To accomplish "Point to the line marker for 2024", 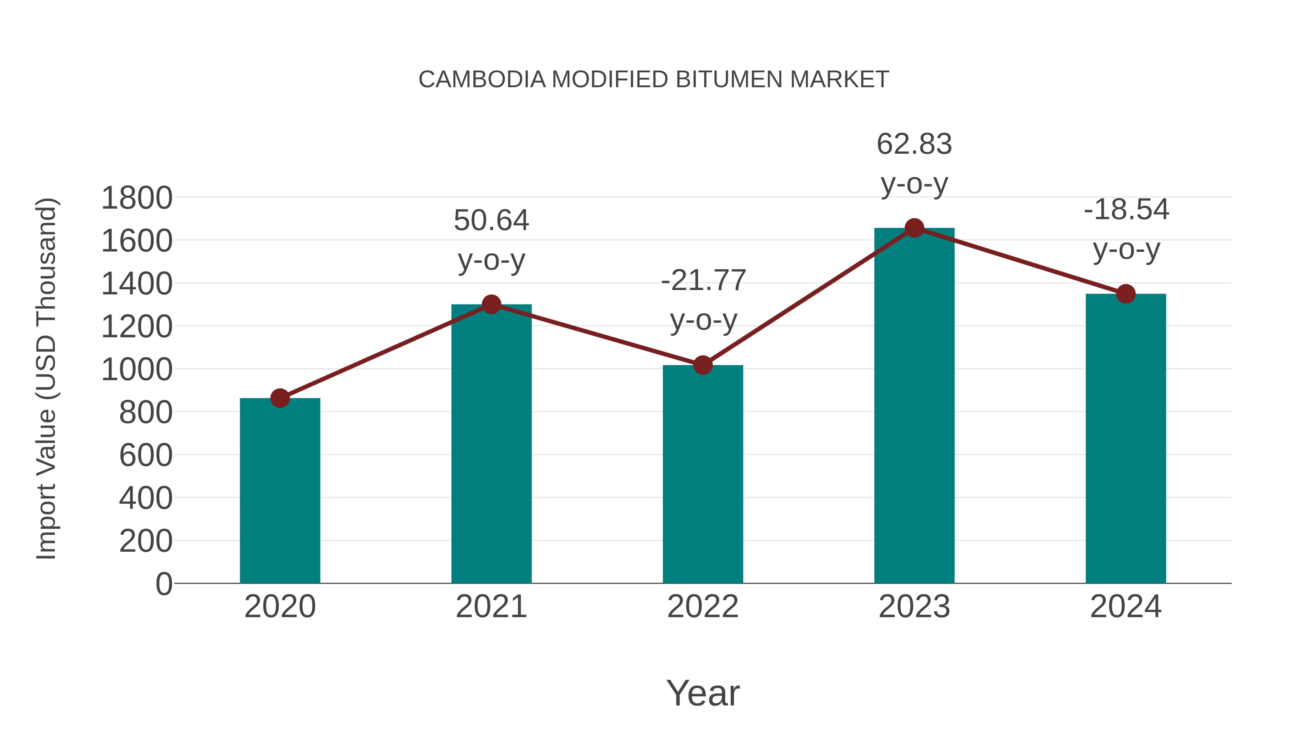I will (x=1126, y=294).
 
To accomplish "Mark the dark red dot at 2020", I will (x=280, y=398).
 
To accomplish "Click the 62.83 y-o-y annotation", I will (x=914, y=164).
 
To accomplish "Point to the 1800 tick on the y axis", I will (x=137, y=198).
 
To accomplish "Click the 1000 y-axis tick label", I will (x=137, y=370).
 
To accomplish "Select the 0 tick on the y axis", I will (x=163, y=584).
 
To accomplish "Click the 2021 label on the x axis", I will (x=491, y=607).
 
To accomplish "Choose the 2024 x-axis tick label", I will (x=1126, y=607).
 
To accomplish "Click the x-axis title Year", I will (x=703, y=693).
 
